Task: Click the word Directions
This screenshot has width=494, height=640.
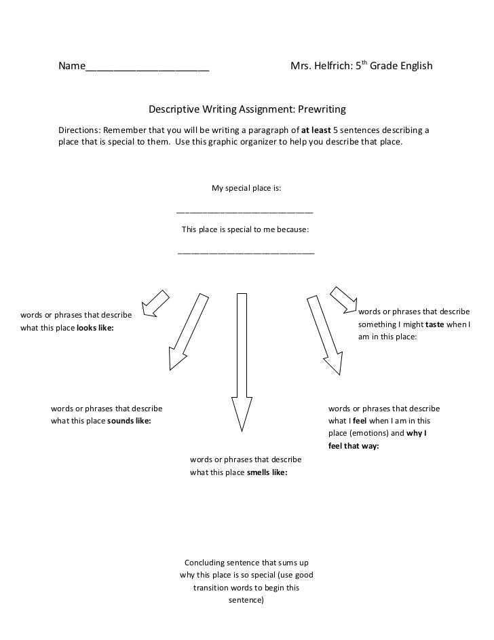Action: [x=78, y=130]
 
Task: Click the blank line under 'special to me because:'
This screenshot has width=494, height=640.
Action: [x=246, y=252]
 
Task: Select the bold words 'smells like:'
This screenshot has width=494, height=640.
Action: [x=267, y=472]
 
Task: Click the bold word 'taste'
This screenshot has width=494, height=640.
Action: [x=434, y=324]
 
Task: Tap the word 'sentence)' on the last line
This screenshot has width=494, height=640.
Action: [x=246, y=601]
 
